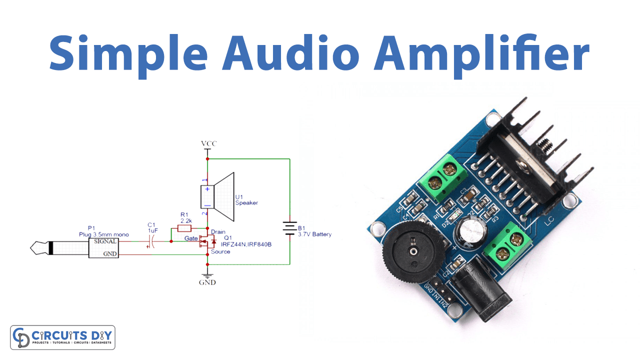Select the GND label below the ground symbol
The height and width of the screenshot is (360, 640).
pyautogui.click(x=207, y=282)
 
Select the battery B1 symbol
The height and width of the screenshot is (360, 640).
pyautogui.click(x=289, y=228)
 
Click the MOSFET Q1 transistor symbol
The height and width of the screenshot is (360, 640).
pyautogui.click(x=206, y=242)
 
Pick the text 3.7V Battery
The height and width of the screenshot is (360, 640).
pyautogui.click(x=314, y=234)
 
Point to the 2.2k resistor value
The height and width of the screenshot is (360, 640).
pyautogui.click(x=186, y=220)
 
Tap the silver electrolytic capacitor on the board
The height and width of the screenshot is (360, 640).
pyautogui.click(x=470, y=232)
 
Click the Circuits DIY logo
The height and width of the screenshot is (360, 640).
pyautogui.click(x=63, y=337)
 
